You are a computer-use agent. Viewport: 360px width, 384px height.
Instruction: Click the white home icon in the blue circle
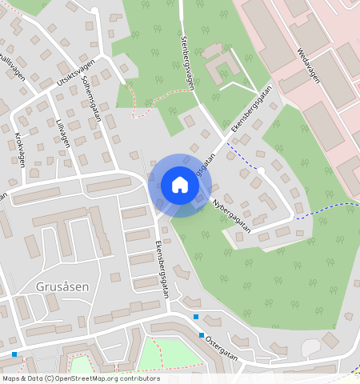click(180, 185)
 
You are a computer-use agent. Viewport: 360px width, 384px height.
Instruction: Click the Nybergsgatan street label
click(231, 216)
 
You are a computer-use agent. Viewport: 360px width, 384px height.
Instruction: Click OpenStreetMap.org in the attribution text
click(83, 378)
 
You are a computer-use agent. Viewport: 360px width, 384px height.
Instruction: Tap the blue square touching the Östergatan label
click(202, 335)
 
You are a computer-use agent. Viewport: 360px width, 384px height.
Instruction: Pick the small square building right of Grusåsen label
click(115, 278)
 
